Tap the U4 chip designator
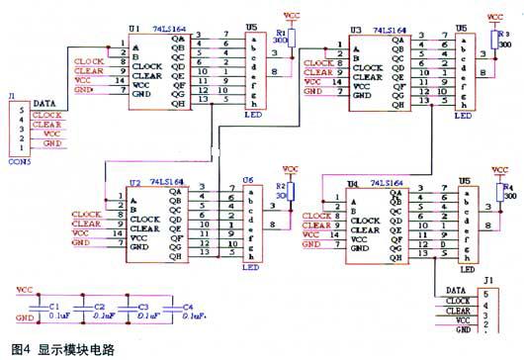click(x=354, y=185)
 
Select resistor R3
click(x=495, y=40)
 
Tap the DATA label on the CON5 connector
click(x=44, y=103)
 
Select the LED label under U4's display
click(x=466, y=268)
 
